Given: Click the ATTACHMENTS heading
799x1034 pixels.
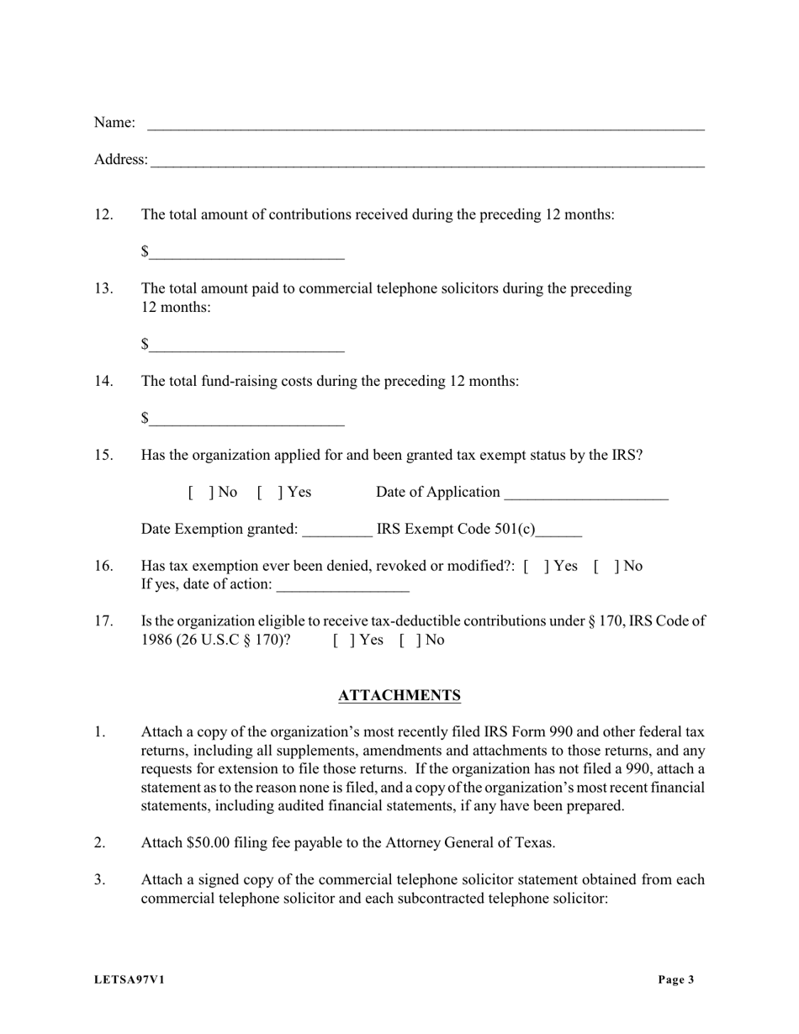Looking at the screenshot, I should click(399, 695).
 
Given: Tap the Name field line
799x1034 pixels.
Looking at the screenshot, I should click(425, 124).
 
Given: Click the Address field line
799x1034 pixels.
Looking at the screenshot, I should click(427, 161).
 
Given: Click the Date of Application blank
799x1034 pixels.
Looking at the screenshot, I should click(585, 493).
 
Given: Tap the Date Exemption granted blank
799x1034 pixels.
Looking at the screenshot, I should click(336, 530).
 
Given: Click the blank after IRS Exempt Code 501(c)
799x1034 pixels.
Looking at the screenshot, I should click(558, 530).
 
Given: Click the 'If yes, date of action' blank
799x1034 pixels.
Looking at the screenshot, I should click(342, 586).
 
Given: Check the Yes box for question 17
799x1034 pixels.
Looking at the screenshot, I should click(340, 641).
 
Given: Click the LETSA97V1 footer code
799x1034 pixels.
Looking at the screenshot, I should click(130, 979).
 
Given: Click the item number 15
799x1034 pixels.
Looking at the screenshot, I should click(103, 456).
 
